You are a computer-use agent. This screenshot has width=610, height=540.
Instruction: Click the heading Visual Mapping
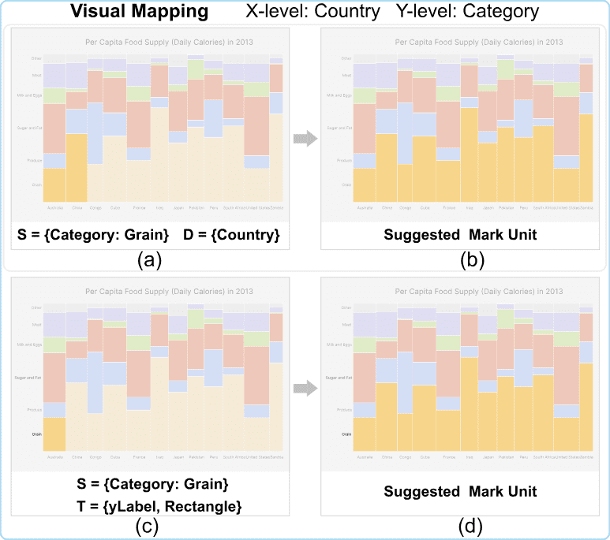(x=140, y=12)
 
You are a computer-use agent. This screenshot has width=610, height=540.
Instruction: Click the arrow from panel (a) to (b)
(x=305, y=140)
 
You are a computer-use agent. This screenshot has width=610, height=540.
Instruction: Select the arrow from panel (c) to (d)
(x=305, y=388)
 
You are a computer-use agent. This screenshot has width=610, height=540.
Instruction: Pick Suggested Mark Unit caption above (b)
(x=460, y=234)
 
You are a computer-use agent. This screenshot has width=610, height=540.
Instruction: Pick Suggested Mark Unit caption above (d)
(x=460, y=491)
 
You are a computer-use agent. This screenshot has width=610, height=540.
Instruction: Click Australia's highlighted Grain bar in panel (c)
(x=54, y=434)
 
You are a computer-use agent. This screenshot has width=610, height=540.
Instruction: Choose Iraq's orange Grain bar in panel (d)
(x=469, y=406)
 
